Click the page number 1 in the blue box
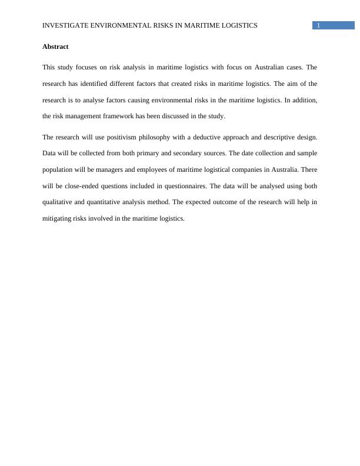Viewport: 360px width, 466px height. click(318, 25)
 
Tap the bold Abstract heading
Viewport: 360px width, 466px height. click(56, 46)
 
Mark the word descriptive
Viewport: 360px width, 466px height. click(277, 137)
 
